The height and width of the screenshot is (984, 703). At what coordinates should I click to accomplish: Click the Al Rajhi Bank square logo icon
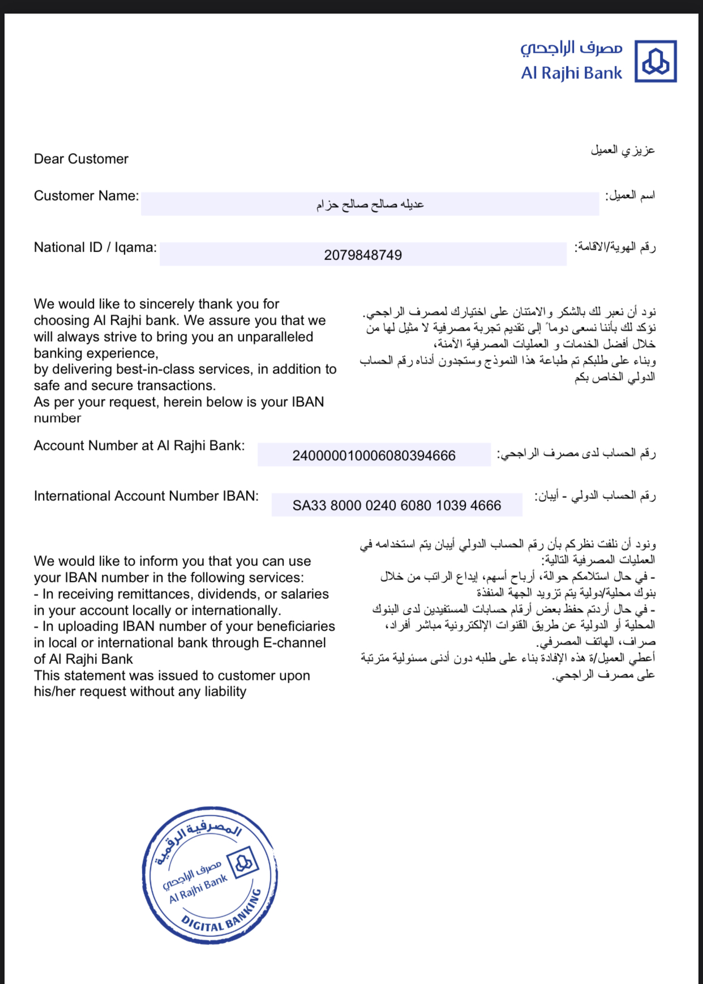(655, 61)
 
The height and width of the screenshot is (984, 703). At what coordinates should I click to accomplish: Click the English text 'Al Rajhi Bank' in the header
(571, 73)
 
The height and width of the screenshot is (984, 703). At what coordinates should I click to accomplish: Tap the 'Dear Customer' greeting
(81, 159)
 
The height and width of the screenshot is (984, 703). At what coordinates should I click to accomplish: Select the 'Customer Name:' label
(86, 195)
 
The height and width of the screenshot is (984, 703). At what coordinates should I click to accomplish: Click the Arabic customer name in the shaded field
(370, 204)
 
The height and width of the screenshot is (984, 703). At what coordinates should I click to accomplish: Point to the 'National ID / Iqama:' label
(95, 247)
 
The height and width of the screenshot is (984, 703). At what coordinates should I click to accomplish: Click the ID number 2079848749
(363, 255)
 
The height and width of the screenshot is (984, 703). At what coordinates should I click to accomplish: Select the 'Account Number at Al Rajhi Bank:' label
(139, 445)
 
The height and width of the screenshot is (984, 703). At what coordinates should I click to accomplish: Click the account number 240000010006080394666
(374, 455)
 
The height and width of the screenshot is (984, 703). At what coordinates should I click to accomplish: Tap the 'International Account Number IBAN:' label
(146, 496)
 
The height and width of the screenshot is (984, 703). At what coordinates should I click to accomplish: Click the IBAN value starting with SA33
(397, 505)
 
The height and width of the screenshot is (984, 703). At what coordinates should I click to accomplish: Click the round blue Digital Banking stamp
(209, 875)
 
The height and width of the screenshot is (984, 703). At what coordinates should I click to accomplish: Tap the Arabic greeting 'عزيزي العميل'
(623, 150)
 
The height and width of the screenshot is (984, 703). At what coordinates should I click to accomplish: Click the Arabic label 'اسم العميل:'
(630, 195)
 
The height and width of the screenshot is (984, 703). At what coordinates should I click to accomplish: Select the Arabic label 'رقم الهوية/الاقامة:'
(615, 247)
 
